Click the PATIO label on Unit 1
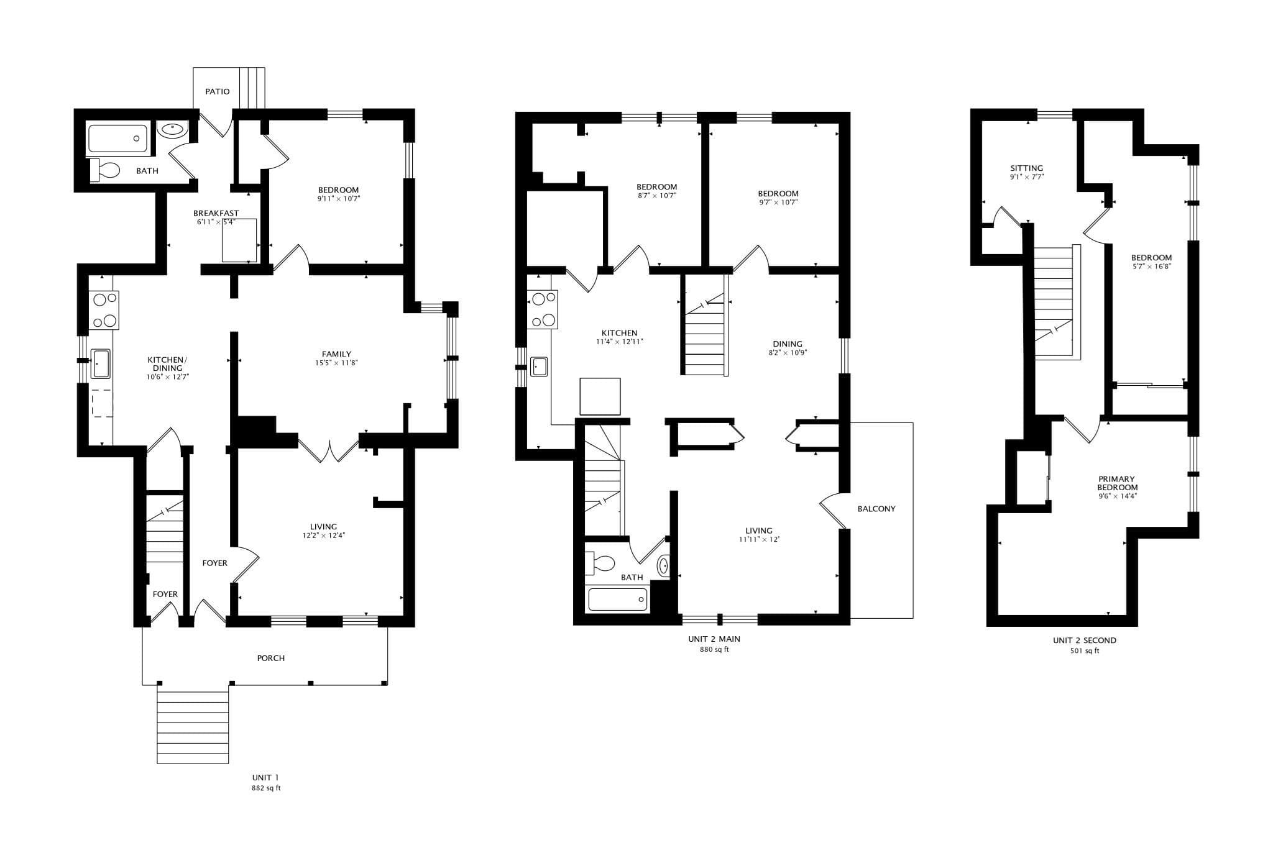[x=218, y=91]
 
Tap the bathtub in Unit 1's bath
[x=118, y=139]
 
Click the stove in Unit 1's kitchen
[x=104, y=310]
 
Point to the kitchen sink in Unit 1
[x=101, y=364]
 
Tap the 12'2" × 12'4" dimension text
[x=324, y=535]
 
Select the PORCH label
[x=271, y=658]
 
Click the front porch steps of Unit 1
[x=193, y=724]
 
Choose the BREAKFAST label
[x=216, y=213]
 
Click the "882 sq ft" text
[x=265, y=788]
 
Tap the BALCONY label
[x=876, y=509]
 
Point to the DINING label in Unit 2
[x=788, y=344]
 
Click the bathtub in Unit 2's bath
[x=618, y=600]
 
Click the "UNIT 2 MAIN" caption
[x=714, y=639]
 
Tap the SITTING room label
[x=1026, y=168]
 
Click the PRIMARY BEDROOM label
[x=1116, y=483]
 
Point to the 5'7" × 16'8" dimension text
[x=1151, y=267]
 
